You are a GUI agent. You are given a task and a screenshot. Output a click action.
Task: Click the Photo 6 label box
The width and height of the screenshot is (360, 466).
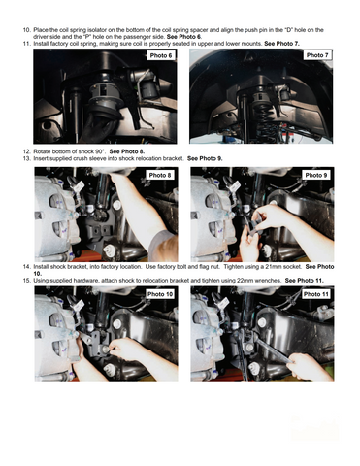point(161,55)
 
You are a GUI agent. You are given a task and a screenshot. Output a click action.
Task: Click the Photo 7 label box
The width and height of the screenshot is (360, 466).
point(317,55)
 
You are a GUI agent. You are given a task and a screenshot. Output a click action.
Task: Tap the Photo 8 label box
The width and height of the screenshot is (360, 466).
point(160,175)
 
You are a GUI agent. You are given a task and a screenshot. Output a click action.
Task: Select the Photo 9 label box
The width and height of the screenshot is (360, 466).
point(316,175)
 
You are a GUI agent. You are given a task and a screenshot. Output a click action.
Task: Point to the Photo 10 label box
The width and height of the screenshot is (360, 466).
point(160,294)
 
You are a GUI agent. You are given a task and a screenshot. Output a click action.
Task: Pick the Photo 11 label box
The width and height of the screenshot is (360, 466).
point(315,294)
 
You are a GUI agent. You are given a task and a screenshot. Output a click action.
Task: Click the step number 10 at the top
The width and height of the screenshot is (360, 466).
point(26,30)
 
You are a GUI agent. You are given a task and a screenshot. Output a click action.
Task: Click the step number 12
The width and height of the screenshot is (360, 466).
point(26,151)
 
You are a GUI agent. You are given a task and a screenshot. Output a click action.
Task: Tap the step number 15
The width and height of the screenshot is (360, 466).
point(26,281)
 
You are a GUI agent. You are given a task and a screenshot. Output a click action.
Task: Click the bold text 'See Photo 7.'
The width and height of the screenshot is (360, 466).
point(281,44)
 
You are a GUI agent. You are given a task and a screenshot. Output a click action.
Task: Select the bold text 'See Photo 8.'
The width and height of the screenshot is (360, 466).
point(127,151)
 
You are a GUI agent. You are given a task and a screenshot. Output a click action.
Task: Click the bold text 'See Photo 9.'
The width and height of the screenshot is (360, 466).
point(205,158)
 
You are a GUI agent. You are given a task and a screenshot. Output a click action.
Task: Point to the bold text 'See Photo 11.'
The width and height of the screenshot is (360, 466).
point(304,281)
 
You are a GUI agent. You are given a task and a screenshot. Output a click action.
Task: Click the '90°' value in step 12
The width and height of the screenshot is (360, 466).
point(101,151)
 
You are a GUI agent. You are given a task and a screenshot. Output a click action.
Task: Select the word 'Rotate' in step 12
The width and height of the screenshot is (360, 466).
point(42,151)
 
